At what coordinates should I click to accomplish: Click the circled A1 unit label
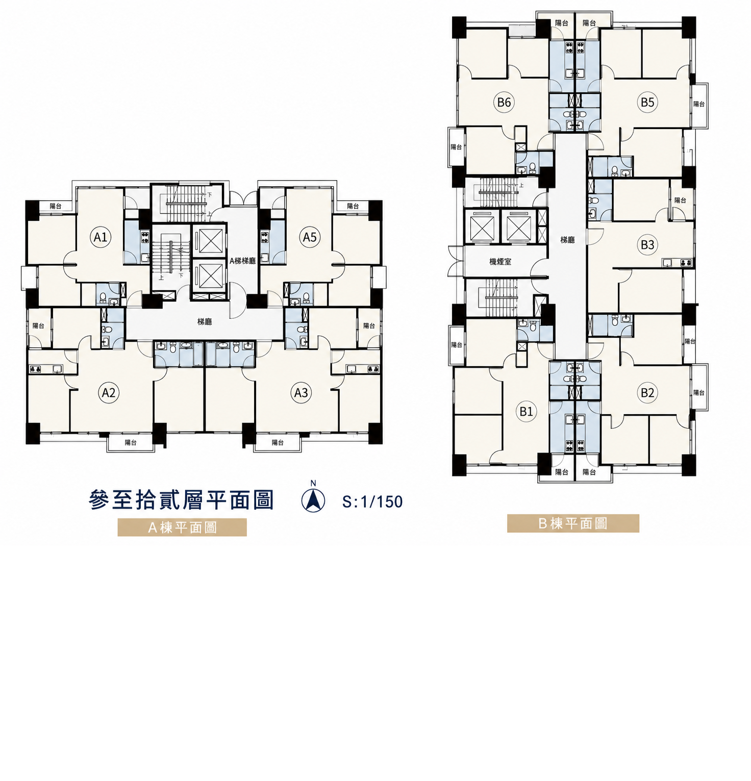tap(101, 237)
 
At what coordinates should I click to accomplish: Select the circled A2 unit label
tap(109, 393)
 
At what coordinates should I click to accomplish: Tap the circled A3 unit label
tap(301, 393)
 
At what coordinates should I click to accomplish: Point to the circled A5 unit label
tap(310, 237)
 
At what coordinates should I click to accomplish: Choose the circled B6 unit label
tap(504, 102)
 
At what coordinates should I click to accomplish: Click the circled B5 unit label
tap(647, 102)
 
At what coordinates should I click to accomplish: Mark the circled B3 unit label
tap(647, 245)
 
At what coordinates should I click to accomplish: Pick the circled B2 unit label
tap(647, 393)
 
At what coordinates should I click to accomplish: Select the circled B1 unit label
tap(526, 411)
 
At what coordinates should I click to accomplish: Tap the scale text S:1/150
tap(372, 502)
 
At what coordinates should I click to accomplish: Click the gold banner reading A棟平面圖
tap(182, 527)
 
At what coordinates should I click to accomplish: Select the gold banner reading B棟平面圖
tap(573, 523)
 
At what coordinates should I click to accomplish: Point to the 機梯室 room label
tap(500, 262)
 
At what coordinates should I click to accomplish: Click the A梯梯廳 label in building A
tap(242, 261)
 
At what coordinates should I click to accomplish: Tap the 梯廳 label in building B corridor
tap(567, 240)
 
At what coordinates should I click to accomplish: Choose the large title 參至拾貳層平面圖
tap(182, 500)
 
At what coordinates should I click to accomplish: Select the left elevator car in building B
tap(482, 226)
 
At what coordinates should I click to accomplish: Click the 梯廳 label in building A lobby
tap(205, 322)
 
